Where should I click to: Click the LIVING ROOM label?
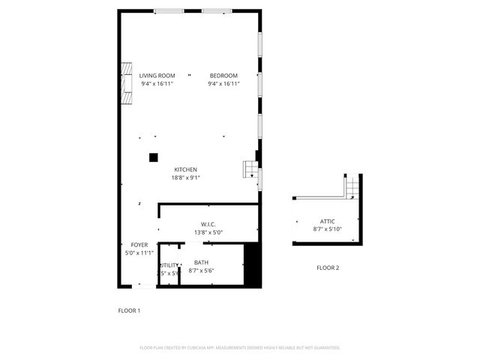point(157,76)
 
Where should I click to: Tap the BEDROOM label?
point(223,76)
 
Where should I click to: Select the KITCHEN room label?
point(186,169)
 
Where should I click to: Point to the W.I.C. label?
point(208,224)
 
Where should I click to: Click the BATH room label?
point(201,262)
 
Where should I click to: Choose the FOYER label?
point(139,245)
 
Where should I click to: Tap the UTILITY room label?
point(169,265)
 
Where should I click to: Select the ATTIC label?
point(327,221)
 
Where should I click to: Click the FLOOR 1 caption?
point(129,310)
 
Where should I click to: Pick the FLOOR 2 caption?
point(327,268)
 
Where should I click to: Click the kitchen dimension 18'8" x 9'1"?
point(186,178)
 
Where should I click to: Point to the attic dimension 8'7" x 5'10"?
point(327,229)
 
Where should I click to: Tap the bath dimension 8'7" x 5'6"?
point(201,270)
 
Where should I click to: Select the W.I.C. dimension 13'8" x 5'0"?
point(208,232)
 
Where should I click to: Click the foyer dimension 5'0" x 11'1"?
point(139,253)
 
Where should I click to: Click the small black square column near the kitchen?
point(153,157)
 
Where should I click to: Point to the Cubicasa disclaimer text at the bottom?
point(240,348)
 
